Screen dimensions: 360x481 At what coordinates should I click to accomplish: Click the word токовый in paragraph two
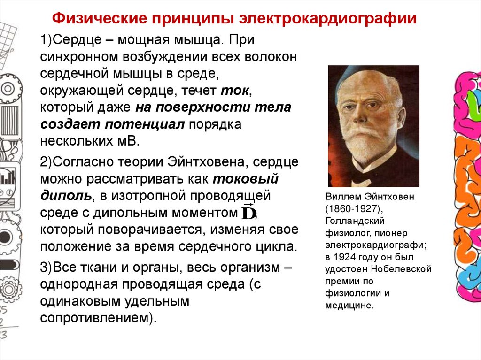coord(245,179)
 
